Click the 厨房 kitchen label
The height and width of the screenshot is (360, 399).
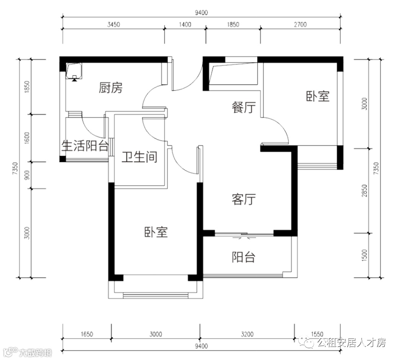point(111,88)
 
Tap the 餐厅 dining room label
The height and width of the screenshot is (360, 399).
point(244,107)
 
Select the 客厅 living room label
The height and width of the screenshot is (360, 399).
point(244,199)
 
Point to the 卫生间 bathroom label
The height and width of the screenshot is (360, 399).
point(139,157)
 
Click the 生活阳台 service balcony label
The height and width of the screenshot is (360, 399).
point(85,146)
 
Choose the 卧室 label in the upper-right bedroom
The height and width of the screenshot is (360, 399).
point(318,96)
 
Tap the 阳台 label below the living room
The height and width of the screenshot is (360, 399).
point(244,257)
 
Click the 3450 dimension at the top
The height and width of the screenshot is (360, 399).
point(114,25)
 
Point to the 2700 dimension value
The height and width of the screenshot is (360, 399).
point(300,25)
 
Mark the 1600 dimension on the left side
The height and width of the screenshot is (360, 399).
point(26,138)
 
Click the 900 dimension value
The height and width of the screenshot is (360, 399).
point(26,175)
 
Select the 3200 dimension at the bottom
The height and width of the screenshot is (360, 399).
point(247,334)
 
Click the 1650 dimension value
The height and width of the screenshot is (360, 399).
point(87,334)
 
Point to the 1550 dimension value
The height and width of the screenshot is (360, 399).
point(317,334)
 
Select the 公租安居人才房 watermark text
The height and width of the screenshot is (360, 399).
point(351,342)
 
